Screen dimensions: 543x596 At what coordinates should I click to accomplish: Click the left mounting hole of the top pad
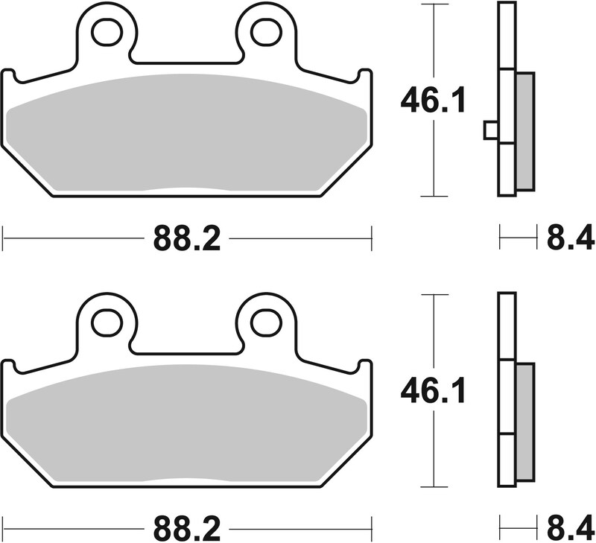click(x=107, y=31)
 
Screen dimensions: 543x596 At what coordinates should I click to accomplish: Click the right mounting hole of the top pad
click(x=264, y=31)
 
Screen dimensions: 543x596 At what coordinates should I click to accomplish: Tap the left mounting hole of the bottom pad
click(x=107, y=322)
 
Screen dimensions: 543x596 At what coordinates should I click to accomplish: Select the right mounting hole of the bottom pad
click(x=264, y=322)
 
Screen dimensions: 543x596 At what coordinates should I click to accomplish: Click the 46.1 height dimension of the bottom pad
click(x=433, y=390)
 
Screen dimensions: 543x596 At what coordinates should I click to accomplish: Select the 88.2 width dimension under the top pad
click(x=187, y=239)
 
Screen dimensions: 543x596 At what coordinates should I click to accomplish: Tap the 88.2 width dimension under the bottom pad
click(x=187, y=530)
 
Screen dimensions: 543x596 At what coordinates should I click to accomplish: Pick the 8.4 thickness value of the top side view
click(x=570, y=239)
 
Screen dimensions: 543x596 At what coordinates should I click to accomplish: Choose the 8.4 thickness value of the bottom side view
click(x=570, y=530)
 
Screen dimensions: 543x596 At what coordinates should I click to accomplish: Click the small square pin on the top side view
click(x=490, y=130)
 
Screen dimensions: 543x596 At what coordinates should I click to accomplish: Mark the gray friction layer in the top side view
click(x=524, y=130)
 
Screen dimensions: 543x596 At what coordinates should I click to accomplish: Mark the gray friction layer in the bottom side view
click(x=524, y=422)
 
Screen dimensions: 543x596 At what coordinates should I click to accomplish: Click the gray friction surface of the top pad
click(x=186, y=134)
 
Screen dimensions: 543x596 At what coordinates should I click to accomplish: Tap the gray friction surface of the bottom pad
click(x=186, y=425)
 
